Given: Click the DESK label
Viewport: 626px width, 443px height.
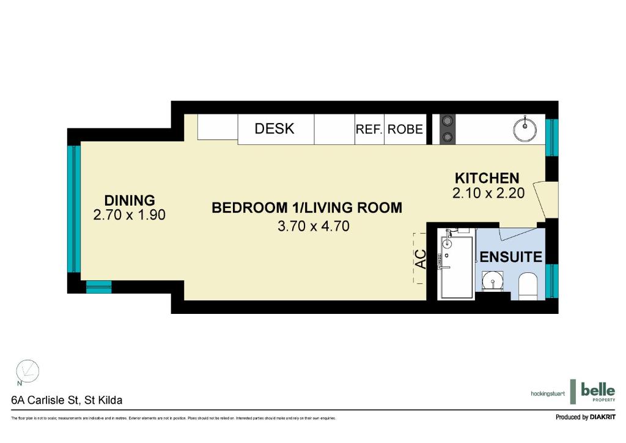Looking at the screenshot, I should tap(274, 128).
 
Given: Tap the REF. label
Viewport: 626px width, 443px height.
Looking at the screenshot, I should tap(369, 129).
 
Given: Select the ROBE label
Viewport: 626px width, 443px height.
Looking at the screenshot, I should tap(405, 129).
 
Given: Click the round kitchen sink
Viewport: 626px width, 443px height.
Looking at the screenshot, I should tap(524, 129).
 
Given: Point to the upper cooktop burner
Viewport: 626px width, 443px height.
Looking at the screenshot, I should tap(446, 120).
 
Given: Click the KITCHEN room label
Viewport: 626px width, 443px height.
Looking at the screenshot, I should tap(487, 178).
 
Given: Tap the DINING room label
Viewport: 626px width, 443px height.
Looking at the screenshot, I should tap(130, 200).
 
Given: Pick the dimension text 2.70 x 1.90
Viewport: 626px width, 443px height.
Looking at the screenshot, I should tap(130, 215).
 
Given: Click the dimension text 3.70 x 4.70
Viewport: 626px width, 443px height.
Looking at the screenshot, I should tap(313, 226).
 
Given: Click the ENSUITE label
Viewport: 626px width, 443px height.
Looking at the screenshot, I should tap(511, 256).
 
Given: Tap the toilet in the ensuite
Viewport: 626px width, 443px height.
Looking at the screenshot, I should tap(528, 286).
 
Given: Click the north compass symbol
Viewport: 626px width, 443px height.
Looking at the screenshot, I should tap(27, 371).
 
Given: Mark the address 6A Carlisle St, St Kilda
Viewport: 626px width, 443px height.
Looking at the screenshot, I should tap(67, 400).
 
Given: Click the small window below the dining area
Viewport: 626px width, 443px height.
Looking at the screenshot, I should tap(98, 287).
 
